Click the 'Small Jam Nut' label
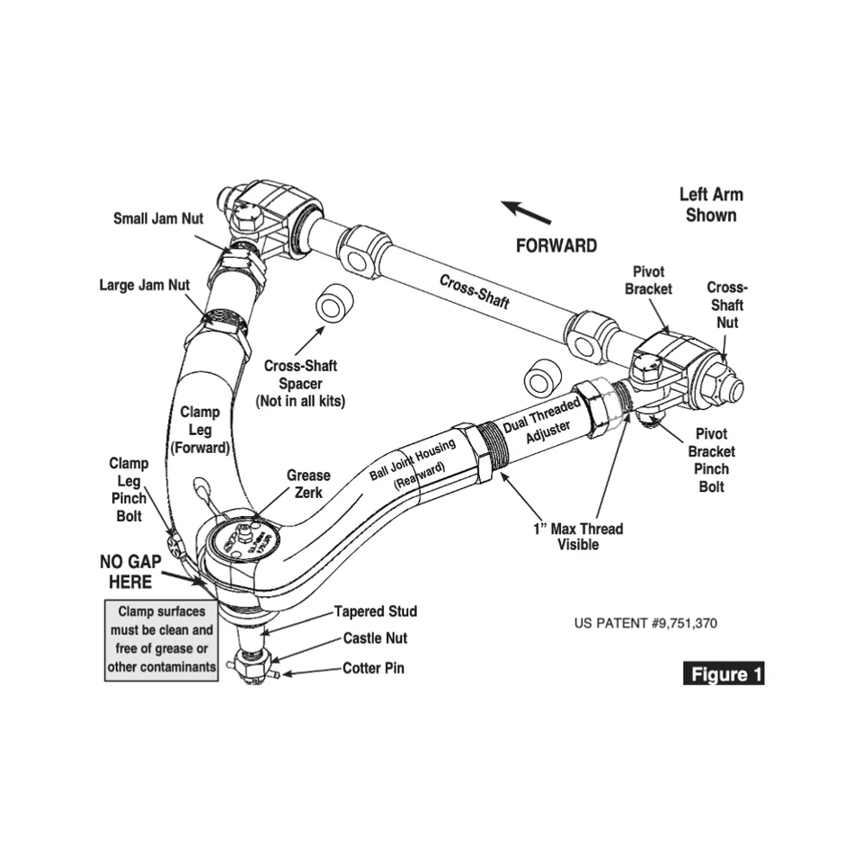pos(158,218)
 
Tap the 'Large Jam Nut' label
pos(144,285)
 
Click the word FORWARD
pos(556,245)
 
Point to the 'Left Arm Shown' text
pos(710,204)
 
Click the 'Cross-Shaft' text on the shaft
pos(474,291)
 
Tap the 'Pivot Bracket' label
pos(648,280)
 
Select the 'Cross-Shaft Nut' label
pos(726,305)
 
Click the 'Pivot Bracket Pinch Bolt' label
pos(711,459)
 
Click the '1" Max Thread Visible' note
pos(577,537)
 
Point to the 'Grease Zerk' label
pos(308,484)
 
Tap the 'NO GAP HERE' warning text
pos(130,572)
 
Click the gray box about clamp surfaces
pos(162,640)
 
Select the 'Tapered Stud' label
pos(376,611)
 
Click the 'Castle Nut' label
pos(375,639)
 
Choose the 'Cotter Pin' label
pos(373,669)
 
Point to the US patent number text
pos(645,623)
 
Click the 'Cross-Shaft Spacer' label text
pos(300,383)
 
